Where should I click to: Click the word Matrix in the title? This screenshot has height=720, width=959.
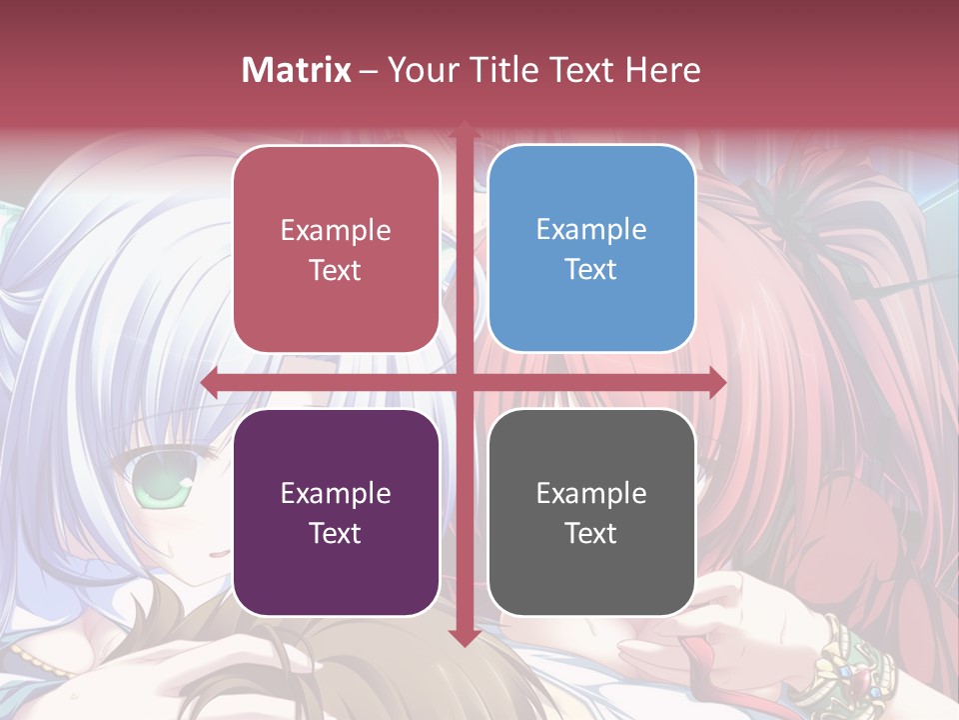click(297, 70)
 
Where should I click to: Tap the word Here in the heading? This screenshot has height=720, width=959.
click(662, 70)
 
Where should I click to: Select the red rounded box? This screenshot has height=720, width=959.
click(336, 249)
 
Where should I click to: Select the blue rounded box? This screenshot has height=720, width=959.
click(591, 249)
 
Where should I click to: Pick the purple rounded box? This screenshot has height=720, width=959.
click(336, 512)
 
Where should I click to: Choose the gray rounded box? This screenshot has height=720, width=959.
click(591, 512)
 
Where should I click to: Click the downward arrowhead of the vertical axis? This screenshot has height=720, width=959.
click(464, 637)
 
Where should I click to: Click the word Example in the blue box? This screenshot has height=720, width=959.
click(591, 229)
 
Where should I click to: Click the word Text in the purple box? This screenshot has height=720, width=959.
click(336, 533)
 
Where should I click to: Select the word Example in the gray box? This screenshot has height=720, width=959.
click(591, 493)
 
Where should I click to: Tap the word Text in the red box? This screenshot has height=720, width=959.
click(336, 270)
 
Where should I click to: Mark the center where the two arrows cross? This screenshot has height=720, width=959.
click(464, 382)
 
